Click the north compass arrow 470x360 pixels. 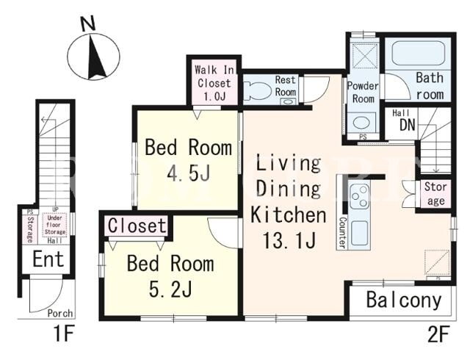95,57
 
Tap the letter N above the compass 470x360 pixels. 88,24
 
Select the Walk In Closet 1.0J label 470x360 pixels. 214,83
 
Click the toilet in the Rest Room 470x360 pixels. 256,90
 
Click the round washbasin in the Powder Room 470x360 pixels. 361,123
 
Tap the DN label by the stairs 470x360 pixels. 407,125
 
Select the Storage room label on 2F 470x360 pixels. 435,193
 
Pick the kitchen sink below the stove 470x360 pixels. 359,232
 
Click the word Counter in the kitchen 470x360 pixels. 342,232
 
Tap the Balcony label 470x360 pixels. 404,300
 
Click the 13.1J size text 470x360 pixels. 289,240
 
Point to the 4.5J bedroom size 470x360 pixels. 189,173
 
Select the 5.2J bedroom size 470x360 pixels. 170,289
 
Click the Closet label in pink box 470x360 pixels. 137,226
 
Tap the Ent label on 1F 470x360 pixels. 48,259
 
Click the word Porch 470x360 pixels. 60,313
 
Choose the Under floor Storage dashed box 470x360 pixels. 54,225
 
